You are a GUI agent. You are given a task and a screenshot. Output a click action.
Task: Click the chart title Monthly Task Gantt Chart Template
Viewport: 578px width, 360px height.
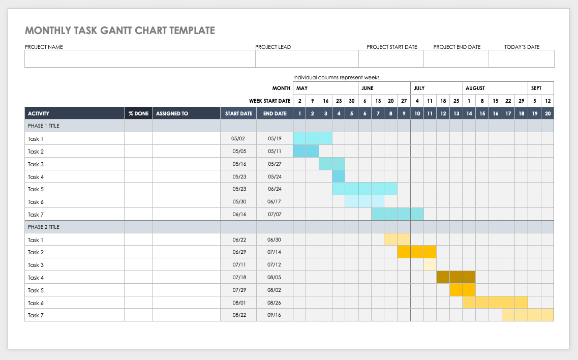pyautogui.click(x=120, y=31)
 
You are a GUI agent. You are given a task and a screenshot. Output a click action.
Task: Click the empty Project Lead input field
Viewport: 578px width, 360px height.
pyautogui.click(x=307, y=59)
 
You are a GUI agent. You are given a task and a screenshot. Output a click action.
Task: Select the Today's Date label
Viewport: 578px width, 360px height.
pyautogui.click(x=522, y=47)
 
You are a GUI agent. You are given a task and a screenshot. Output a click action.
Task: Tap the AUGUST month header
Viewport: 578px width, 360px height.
pyautogui.click(x=475, y=88)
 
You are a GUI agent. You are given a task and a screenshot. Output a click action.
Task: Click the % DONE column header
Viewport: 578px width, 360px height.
pyautogui.click(x=138, y=113)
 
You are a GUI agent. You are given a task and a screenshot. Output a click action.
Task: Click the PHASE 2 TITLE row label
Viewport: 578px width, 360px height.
pyautogui.click(x=44, y=227)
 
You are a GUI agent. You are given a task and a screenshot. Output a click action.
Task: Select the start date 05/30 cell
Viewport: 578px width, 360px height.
pyautogui.click(x=238, y=202)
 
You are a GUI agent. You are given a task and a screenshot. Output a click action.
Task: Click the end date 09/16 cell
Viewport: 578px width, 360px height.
pyautogui.click(x=275, y=315)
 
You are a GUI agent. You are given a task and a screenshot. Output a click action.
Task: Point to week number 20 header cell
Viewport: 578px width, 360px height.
pyautogui.click(x=547, y=113)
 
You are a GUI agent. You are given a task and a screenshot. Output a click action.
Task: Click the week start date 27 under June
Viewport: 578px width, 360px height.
pyautogui.click(x=404, y=101)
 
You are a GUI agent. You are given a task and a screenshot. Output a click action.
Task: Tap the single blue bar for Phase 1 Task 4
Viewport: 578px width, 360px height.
pyautogui.click(x=339, y=176)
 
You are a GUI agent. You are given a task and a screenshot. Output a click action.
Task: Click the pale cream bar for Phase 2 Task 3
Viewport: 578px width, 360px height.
pyautogui.click(x=430, y=265)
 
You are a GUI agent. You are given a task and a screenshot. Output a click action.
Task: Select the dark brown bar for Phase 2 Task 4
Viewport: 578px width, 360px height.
pyautogui.click(x=456, y=277)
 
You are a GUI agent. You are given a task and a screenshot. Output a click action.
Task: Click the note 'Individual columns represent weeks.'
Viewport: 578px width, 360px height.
pyautogui.click(x=337, y=77)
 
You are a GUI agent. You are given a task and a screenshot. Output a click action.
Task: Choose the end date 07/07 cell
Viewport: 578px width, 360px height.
pyautogui.click(x=275, y=215)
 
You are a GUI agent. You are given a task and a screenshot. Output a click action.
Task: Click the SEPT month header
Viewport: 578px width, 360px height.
pyautogui.click(x=536, y=88)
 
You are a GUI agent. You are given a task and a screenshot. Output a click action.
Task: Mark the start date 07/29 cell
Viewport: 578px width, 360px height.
pyautogui.click(x=238, y=290)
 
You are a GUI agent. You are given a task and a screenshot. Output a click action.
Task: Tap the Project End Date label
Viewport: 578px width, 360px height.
pyautogui.click(x=457, y=47)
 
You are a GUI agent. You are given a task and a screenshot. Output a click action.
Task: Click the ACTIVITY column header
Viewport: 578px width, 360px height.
pyautogui.click(x=39, y=113)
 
